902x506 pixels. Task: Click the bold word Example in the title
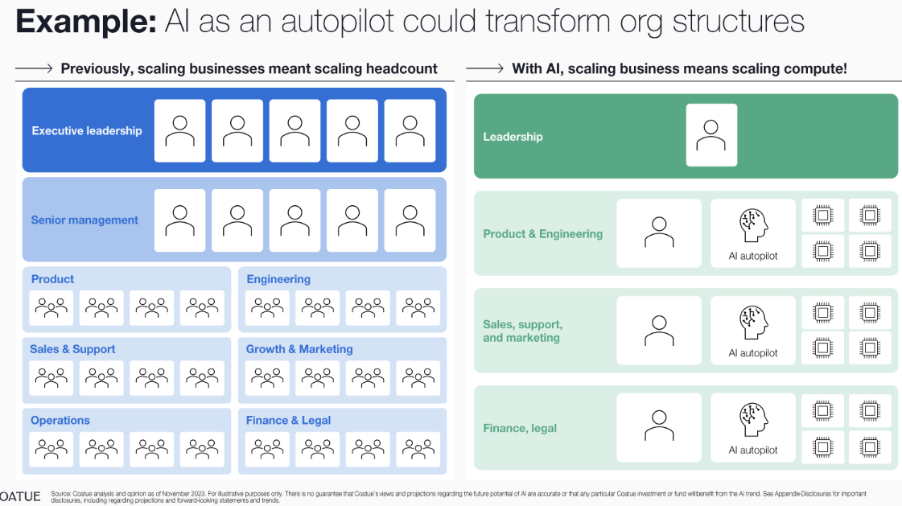click(x=85, y=21)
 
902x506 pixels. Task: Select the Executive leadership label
click(x=87, y=130)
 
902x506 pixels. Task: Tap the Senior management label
click(x=84, y=220)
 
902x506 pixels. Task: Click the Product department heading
click(x=52, y=279)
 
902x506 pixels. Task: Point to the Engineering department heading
click(x=278, y=279)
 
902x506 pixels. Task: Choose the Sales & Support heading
click(x=72, y=349)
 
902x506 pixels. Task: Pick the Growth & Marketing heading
click(x=299, y=349)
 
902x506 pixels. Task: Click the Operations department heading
click(x=60, y=420)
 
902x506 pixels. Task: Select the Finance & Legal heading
click(x=289, y=420)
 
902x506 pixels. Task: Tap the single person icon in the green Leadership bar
click(x=711, y=135)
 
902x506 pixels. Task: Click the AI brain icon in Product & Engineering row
click(x=753, y=225)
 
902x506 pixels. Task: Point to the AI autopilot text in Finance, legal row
click(x=753, y=450)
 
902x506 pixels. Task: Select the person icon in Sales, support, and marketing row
click(x=659, y=331)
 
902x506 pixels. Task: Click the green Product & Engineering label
click(x=543, y=234)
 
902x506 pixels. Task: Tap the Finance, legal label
click(x=520, y=428)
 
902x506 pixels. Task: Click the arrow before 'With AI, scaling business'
click(x=484, y=68)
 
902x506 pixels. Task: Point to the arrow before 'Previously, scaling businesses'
click(x=34, y=68)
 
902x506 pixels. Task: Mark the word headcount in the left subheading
click(x=400, y=68)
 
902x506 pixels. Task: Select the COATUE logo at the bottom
click(x=20, y=496)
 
